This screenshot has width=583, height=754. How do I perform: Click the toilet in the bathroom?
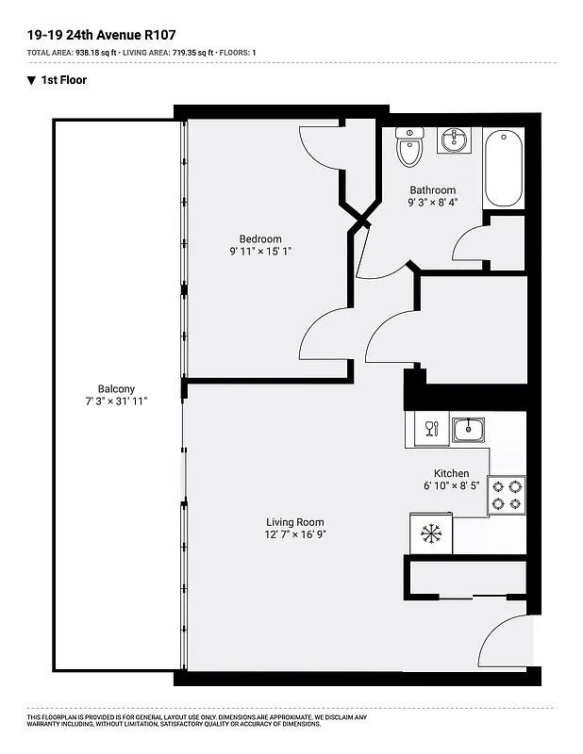(409, 147)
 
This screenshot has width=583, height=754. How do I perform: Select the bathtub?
(504, 169)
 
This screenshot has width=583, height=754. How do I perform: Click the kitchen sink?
(468, 430)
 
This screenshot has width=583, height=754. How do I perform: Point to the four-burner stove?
(507, 496)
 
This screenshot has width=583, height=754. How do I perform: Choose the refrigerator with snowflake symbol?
(431, 534)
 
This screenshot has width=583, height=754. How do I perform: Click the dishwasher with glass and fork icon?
(431, 430)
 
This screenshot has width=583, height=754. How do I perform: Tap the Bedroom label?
(260, 239)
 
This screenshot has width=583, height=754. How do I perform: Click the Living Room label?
(294, 522)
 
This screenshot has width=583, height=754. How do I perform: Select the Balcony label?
(116, 388)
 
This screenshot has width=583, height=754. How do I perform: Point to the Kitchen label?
(451, 473)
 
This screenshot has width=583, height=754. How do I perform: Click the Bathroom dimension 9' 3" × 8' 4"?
(432, 203)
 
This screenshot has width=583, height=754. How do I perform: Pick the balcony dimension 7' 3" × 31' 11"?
(116, 402)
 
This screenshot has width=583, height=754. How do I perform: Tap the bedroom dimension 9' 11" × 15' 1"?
(259, 252)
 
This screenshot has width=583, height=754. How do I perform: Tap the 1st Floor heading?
(63, 80)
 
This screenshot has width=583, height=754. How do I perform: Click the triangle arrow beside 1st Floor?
(31, 80)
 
